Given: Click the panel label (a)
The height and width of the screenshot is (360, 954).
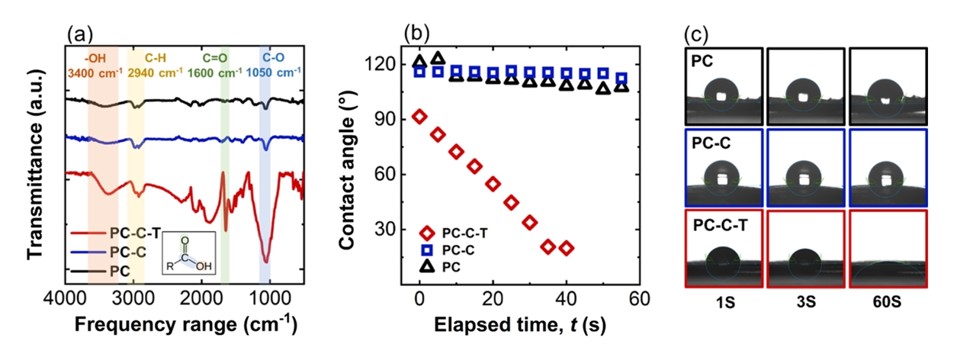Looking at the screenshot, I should (80, 34).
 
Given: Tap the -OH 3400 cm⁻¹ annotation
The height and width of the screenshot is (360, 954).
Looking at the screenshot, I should (103, 65).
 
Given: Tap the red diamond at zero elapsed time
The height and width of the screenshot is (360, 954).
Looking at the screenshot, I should (419, 116).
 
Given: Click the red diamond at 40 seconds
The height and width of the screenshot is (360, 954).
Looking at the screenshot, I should (566, 248).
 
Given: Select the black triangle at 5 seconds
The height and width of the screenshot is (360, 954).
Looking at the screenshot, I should (438, 59).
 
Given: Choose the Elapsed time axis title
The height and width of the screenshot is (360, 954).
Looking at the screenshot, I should (522, 325).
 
